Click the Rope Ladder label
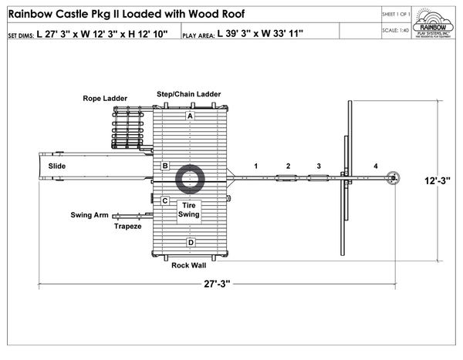[105, 99]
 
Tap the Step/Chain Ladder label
[189, 94]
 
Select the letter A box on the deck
[190, 116]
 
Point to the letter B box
[164, 166]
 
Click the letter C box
[164, 200]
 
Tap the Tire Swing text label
[189, 210]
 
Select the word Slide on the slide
[57, 166]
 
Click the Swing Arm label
[90, 215]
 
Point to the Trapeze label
[127, 227]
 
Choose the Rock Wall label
[188, 265]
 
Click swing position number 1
[255, 166]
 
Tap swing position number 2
[288, 166]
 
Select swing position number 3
[317, 166]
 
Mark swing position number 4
[376, 166]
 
